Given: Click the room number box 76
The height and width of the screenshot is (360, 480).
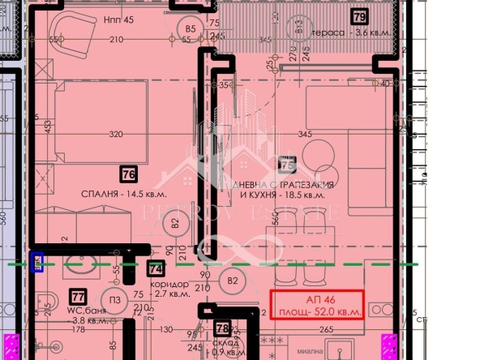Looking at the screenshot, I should pos(127,174).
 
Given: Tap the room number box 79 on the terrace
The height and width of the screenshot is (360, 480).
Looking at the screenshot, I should pos(359,16).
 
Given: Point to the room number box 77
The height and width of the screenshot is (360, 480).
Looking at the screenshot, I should pos(79,297).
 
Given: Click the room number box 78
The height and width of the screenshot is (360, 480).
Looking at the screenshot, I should pos(223,328).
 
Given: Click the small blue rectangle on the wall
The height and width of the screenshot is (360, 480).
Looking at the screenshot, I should pos(36,262).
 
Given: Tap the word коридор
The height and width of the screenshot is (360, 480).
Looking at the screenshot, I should pos(170,285).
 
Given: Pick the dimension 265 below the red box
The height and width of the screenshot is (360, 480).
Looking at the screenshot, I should pos(326,329).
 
